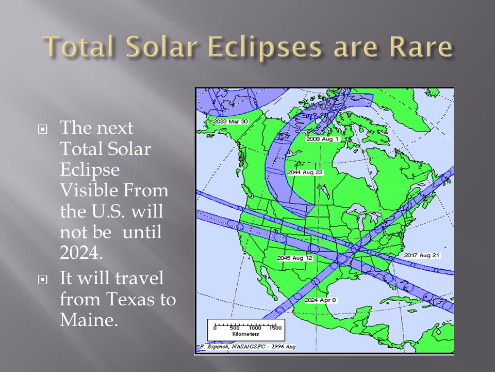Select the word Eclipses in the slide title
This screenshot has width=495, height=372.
coord(265,48)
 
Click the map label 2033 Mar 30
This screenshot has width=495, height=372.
coord(230,121)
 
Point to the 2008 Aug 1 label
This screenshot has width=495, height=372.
coord(322,139)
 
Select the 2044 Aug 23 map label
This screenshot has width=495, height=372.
coord(305,173)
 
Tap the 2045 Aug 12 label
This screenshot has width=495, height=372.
coord(295,258)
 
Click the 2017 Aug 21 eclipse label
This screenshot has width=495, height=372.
coord(422,255)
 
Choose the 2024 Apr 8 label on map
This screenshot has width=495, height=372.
coord(320,300)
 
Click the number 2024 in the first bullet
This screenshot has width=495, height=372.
coord(81,253)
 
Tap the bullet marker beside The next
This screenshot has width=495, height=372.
coord(43,129)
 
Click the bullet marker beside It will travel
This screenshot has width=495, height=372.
coord(43,280)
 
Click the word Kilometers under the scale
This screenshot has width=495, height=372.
coord(245,334)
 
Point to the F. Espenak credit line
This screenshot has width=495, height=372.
coord(247,347)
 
